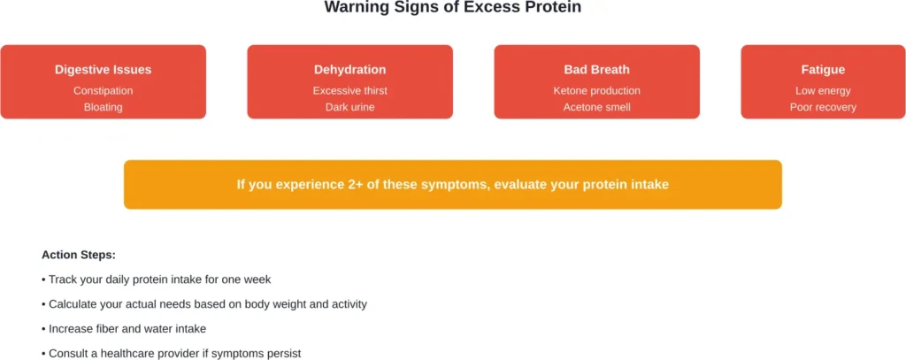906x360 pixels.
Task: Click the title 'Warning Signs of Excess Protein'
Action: click(x=452, y=8)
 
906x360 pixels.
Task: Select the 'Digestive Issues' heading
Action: click(x=103, y=70)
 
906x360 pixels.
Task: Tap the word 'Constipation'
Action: click(x=103, y=90)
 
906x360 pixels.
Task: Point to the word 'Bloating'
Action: click(x=103, y=107)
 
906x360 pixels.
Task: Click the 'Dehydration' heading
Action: click(x=349, y=70)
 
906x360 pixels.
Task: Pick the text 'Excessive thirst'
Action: click(x=349, y=90)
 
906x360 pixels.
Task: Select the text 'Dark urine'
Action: click(x=349, y=107)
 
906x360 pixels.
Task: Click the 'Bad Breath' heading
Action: click(x=596, y=70)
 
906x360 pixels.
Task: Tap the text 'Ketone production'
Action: click(x=596, y=90)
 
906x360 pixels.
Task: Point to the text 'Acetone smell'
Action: click(x=596, y=107)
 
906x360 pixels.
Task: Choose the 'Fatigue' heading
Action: click(x=823, y=70)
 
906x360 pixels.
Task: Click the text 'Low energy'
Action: click(x=823, y=90)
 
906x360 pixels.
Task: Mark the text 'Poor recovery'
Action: click(x=823, y=107)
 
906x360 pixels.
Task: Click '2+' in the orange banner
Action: click(x=357, y=185)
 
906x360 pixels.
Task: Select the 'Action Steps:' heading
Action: click(x=78, y=255)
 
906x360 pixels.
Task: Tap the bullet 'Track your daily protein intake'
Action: click(x=156, y=280)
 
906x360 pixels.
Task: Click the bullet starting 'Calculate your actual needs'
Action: click(x=203, y=304)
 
